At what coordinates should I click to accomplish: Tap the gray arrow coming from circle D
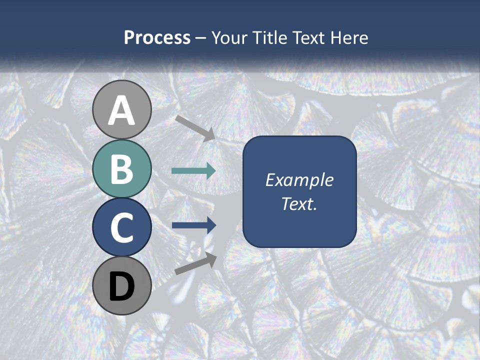point(195,263)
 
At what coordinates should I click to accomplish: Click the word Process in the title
point(157,37)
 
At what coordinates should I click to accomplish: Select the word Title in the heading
point(271,37)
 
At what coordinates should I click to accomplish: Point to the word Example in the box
point(299,180)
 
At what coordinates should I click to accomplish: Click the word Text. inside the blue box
point(299,203)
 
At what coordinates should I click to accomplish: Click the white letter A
point(122,111)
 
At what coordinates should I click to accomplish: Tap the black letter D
point(122,287)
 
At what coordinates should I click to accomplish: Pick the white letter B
point(122,169)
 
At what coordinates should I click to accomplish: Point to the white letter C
point(122,228)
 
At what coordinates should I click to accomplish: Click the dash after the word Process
point(201,38)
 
